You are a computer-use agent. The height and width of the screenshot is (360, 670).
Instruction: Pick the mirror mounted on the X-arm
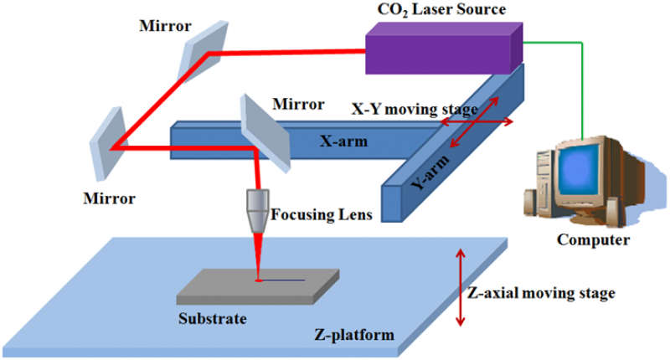pyautogui.click(x=264, y=130)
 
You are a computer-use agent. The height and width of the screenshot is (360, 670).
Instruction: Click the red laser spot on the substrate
pyautogui.click(x=259, y=280)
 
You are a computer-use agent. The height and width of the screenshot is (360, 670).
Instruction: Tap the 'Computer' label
pyautogui.click(x=593, y=240)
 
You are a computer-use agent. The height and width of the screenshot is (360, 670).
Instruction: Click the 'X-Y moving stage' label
pyautogui.click(x=414, y=110)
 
